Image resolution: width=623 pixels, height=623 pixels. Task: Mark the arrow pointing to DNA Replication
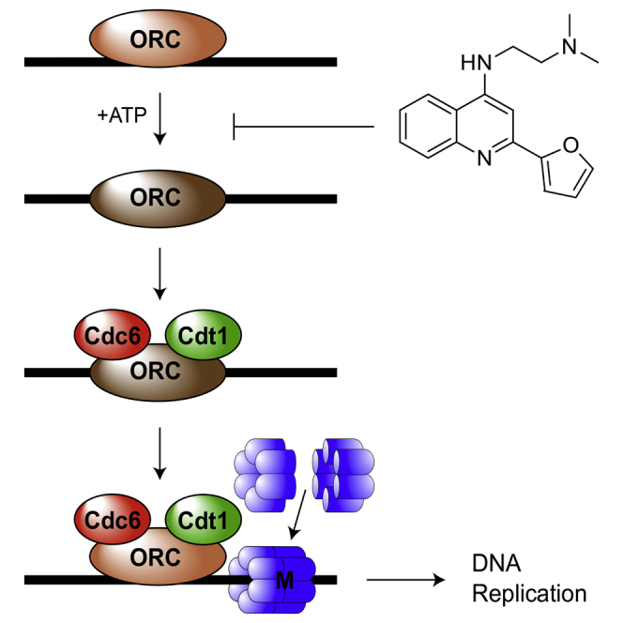point(406,580)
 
